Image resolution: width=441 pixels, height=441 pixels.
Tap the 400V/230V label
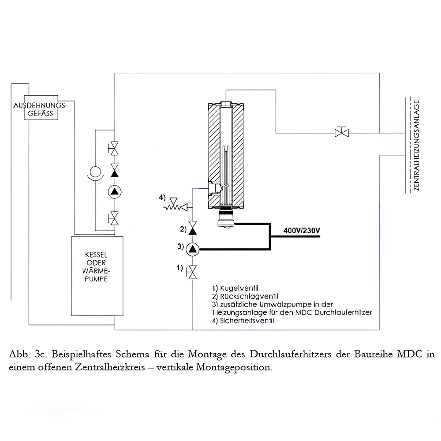point(302,230)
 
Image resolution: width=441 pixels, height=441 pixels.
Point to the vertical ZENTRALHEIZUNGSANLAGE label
point(416,145)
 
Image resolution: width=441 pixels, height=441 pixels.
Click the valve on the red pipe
point(342,132)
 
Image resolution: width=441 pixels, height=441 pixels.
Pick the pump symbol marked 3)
point(193,250)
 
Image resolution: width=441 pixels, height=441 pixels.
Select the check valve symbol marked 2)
point(193,229)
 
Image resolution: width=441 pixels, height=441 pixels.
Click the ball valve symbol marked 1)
point(193,272)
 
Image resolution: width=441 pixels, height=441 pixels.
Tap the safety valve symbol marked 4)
point(176,206)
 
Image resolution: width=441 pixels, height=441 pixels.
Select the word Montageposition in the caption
point(240,367)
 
